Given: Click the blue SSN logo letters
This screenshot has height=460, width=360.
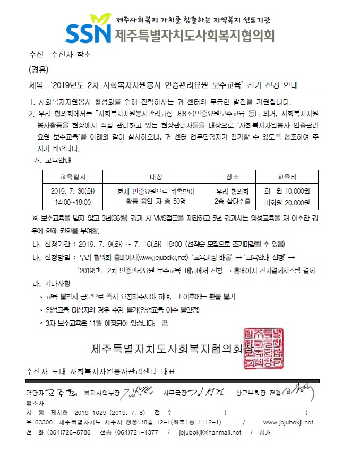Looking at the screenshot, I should click(89, 33).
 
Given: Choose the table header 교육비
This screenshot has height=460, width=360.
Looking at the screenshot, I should click(282, 177).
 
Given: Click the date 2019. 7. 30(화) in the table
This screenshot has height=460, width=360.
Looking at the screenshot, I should click(73, 191).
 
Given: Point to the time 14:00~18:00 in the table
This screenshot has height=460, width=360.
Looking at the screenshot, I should click(73, 202).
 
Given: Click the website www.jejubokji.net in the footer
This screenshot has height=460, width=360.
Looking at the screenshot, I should click(288, 422).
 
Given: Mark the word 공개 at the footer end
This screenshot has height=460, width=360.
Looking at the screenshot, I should click(263, 432).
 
